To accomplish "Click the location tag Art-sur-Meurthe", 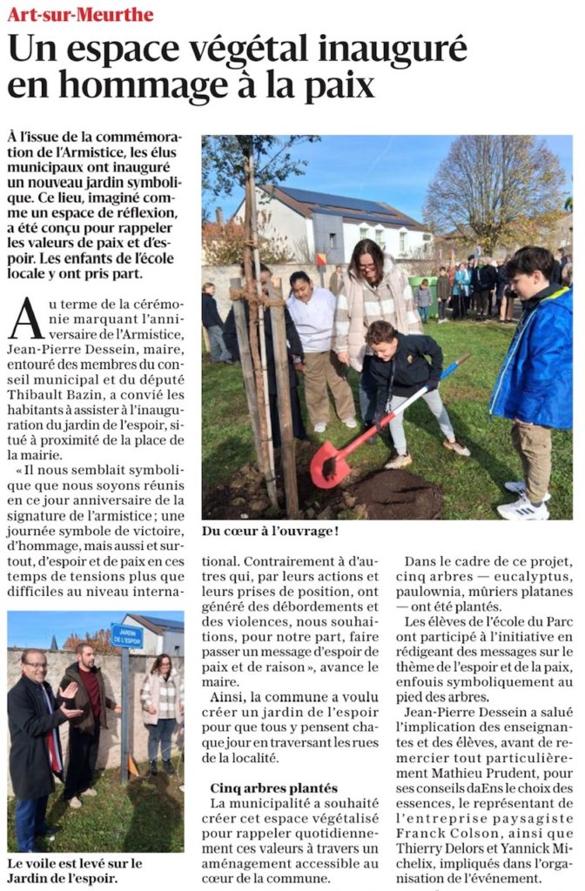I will tap(80, 15).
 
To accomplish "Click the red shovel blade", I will tap(330, 464).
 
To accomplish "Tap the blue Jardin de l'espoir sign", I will tap(126, 635).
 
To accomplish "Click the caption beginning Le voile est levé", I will tap(74, 870).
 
